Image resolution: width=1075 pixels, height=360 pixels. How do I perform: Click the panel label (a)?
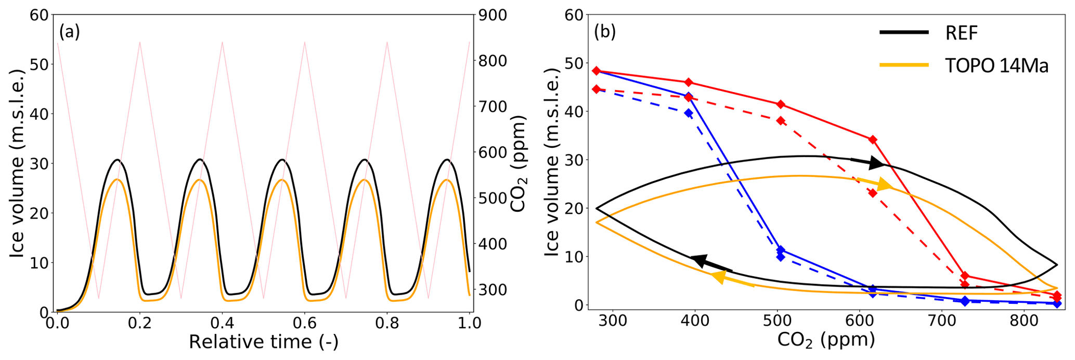point(69,32)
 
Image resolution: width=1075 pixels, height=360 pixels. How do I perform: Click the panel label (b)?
point(605,32)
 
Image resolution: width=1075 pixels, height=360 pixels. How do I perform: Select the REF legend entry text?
point(962,33)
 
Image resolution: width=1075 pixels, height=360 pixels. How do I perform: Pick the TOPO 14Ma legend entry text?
point(996,66)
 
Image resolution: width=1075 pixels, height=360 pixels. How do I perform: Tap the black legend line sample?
point(903,33)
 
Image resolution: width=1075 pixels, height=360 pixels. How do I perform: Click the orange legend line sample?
point(903,66)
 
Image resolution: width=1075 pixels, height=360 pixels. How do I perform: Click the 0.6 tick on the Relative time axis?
point(305,323)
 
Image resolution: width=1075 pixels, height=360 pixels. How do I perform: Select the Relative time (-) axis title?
point(263,342)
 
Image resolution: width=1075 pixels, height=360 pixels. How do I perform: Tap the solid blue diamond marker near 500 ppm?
point(780,250)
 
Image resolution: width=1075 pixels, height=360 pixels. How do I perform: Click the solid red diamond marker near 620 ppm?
point(873,139)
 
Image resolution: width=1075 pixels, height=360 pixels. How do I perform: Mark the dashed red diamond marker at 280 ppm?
point(597,89)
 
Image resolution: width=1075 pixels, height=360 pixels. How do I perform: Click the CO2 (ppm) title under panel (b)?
point(826,340)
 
